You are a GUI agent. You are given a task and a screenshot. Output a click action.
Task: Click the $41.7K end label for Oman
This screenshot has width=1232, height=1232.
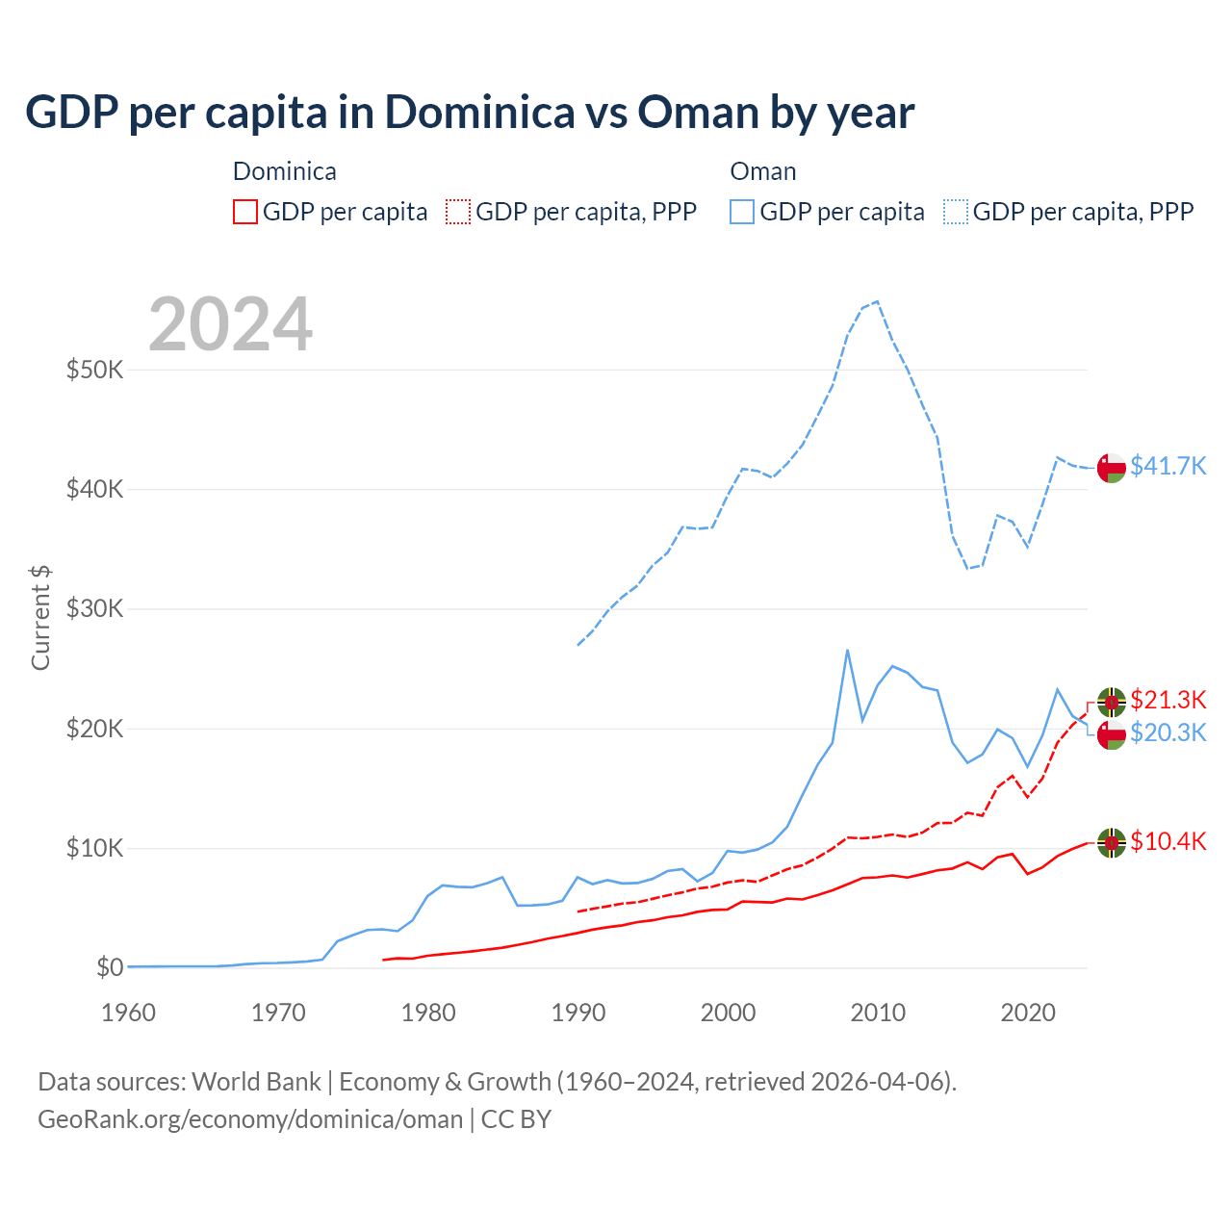1168,466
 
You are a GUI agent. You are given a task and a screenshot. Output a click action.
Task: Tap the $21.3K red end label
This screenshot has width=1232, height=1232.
1168,700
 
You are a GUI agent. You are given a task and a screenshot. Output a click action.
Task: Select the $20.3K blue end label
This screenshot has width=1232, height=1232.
1168,732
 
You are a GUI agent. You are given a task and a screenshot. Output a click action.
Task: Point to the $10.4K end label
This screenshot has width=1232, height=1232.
1168,841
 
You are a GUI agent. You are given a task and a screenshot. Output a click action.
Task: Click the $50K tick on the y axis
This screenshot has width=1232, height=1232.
94,370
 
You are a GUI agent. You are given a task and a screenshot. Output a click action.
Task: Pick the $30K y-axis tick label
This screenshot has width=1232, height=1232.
94,608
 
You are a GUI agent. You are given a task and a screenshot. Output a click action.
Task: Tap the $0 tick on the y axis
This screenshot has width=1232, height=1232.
110,967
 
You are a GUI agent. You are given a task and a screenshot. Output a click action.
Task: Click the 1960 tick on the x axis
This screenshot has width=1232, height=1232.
128,1013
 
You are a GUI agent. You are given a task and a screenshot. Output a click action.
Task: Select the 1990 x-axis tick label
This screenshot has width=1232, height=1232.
577,1013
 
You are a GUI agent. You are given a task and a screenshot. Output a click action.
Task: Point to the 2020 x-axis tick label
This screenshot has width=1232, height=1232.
1028,1013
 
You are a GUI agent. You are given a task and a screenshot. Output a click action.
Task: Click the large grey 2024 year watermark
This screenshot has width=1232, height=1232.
230,324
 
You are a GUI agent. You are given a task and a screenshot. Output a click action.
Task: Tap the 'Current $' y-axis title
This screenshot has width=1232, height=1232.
40,617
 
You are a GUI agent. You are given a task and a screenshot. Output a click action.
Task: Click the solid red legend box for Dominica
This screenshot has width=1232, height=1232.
245,212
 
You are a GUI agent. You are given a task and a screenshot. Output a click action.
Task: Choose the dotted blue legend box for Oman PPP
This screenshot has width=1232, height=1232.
956,212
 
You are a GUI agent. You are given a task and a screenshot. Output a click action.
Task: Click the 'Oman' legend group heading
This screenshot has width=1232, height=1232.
762,171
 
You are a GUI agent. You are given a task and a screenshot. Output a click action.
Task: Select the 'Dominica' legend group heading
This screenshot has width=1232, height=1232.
284,171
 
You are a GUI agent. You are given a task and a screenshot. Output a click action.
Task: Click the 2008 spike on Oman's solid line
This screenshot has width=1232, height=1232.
847,650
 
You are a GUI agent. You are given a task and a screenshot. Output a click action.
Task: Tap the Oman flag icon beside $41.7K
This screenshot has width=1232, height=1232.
1112,468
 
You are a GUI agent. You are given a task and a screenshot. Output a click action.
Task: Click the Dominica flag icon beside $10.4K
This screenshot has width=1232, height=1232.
1112,842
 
